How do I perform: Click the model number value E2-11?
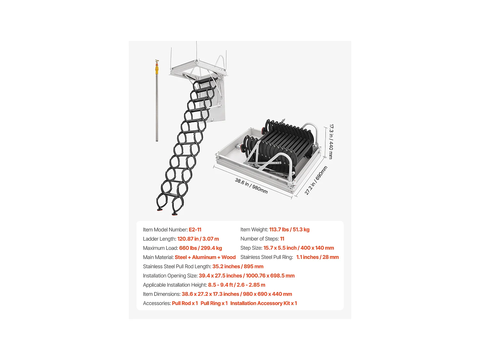click(195, 230)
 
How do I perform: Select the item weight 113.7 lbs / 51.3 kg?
click(289, 230)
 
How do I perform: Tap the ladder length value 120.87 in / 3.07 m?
click(198, 239)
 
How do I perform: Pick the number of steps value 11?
click(282, 239)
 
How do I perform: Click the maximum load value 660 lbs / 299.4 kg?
click(200, 248)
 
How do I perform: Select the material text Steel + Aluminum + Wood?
click(205, 258)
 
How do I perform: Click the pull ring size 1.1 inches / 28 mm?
click(317, 258)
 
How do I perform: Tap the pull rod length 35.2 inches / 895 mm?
click(238, 267)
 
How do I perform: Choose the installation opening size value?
click(246, 276)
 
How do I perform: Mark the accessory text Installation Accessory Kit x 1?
click(264, 303)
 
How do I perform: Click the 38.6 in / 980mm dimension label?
click(251, 186)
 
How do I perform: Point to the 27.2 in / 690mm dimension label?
click(316, 180)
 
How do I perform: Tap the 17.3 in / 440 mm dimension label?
click(331, 141)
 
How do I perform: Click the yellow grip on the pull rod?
click(157, 70)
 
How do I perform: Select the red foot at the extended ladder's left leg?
click(159, 210)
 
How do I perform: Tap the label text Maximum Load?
click(160, 248)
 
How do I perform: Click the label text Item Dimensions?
click(162, 294)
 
